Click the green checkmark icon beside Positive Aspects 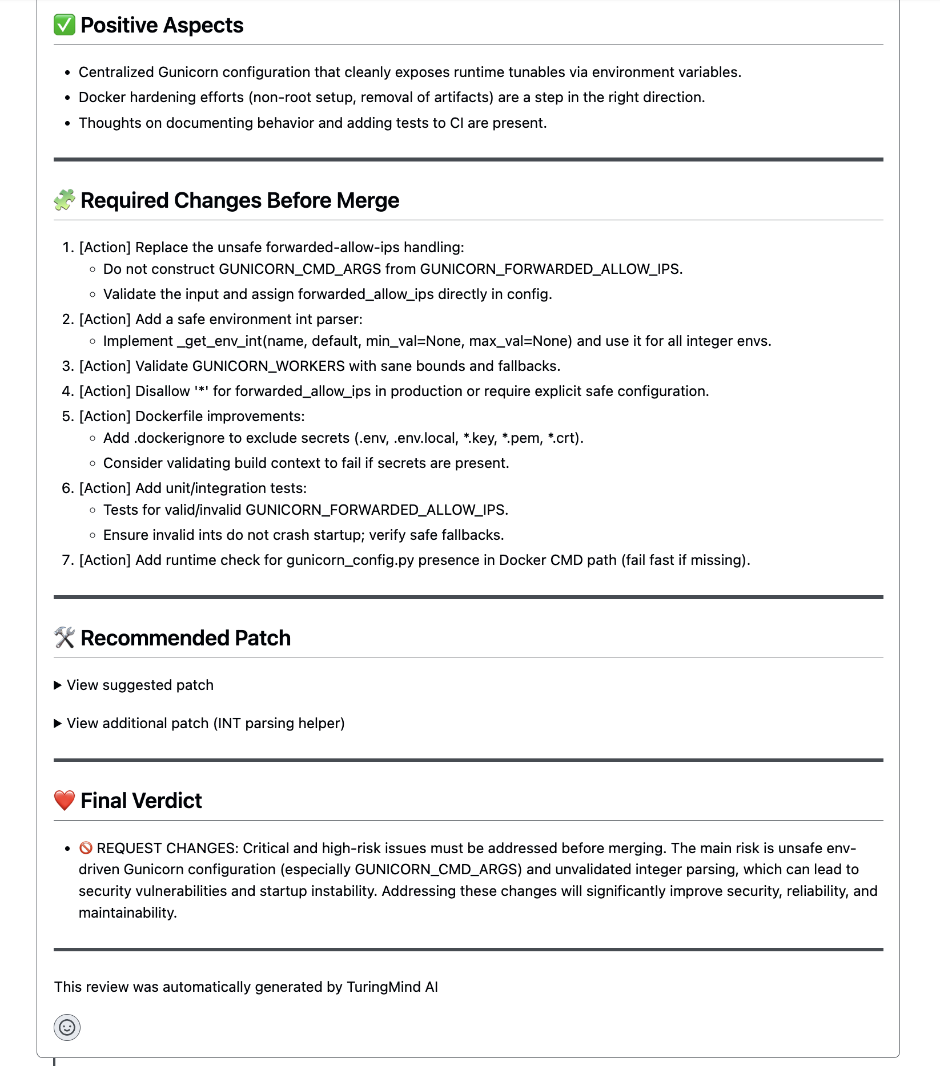point(65,25)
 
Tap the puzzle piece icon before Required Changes point(65,200)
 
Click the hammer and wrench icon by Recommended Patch point(65,638)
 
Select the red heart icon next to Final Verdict point(65,801)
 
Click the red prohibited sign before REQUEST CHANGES point(86,848)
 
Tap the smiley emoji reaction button point(67,1028)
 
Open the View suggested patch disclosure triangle point(58,685)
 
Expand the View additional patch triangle point(58,724)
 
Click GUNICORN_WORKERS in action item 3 point(268,366)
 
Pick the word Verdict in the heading point(170,801)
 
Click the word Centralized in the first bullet point(116,72)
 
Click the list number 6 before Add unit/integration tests point(67,488)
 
